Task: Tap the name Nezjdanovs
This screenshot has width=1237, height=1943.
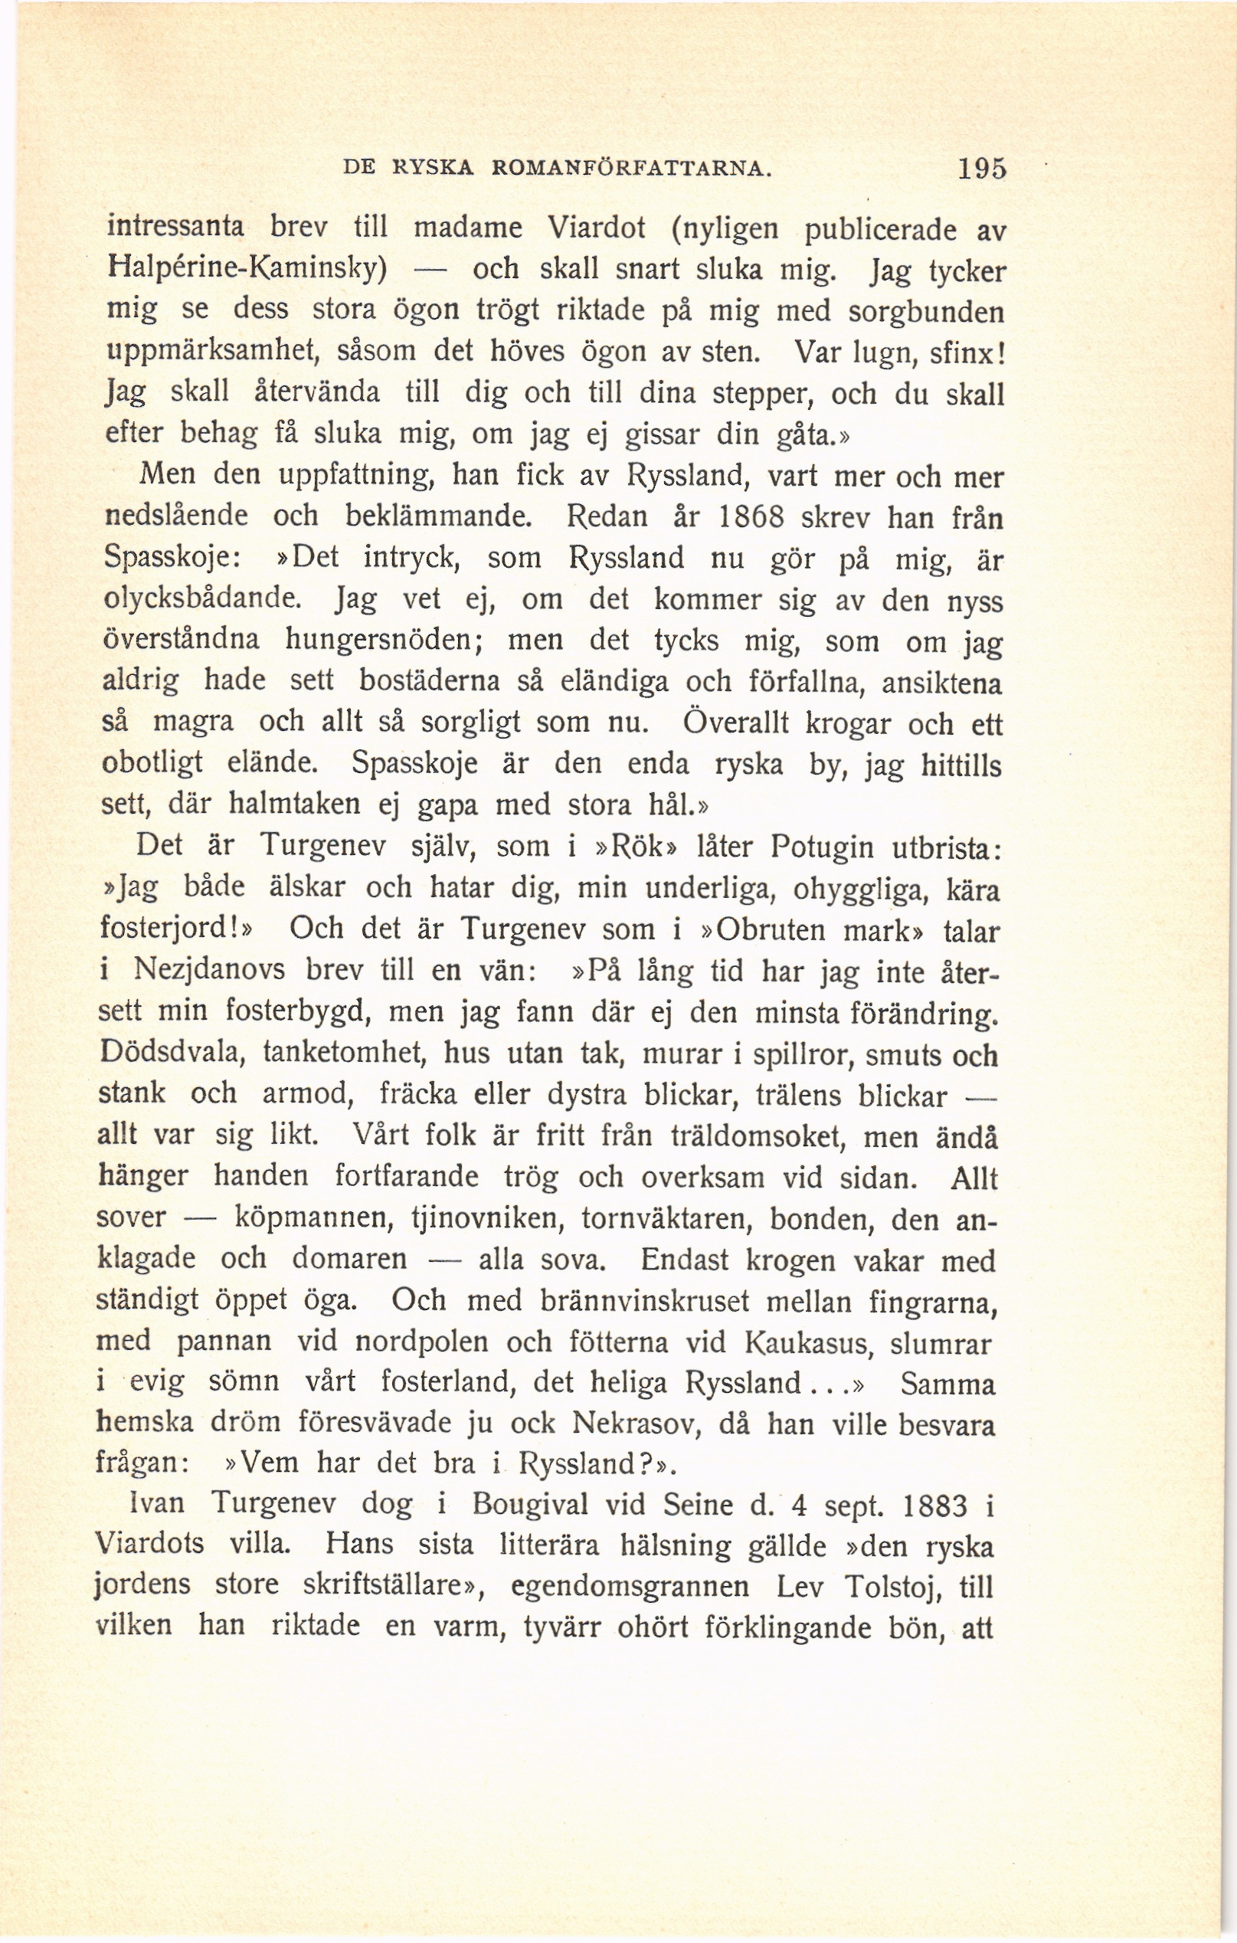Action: click(209, 970)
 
